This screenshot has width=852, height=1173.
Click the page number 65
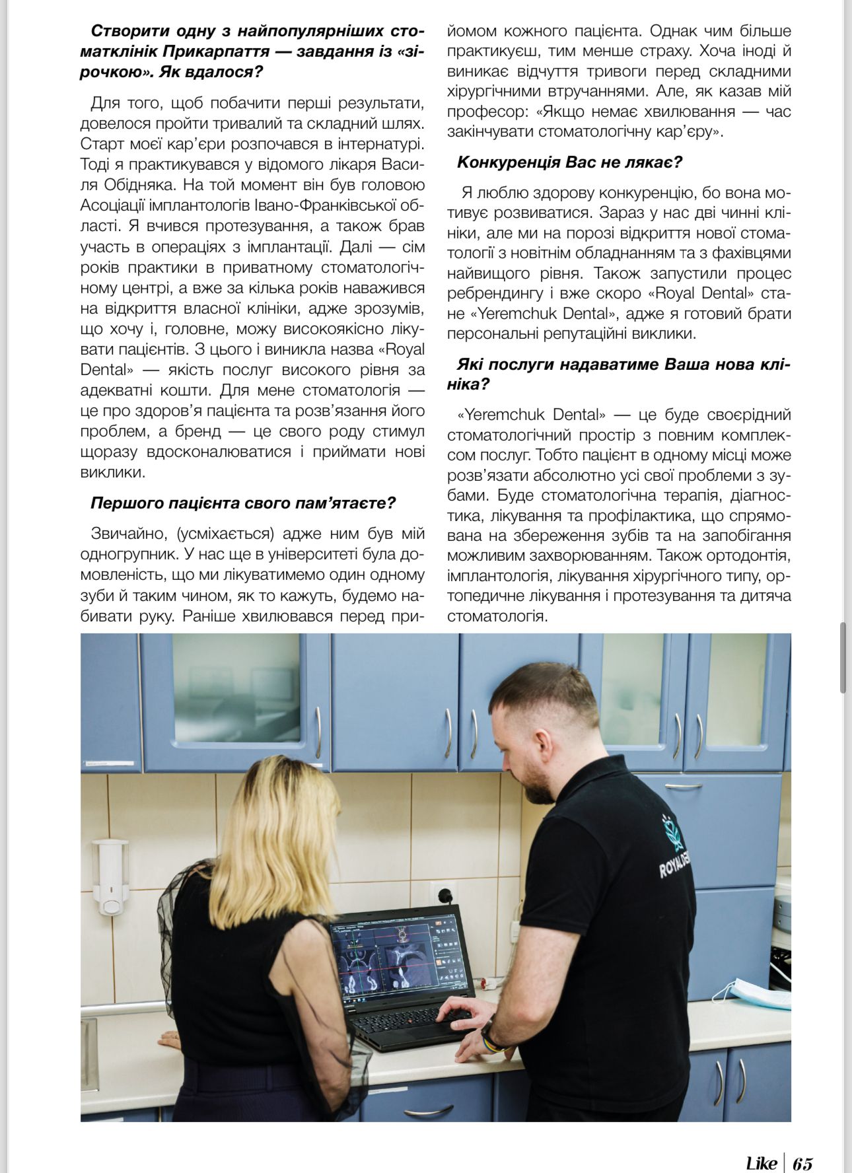(802, 1162)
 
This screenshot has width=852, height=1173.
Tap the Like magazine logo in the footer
(761, 1162)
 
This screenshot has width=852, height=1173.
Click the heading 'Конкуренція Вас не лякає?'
(569, 162)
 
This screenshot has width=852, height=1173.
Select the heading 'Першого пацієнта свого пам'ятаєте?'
(242, 503)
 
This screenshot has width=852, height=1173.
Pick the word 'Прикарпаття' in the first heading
(216, 51)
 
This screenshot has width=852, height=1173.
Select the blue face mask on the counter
(752, 991)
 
